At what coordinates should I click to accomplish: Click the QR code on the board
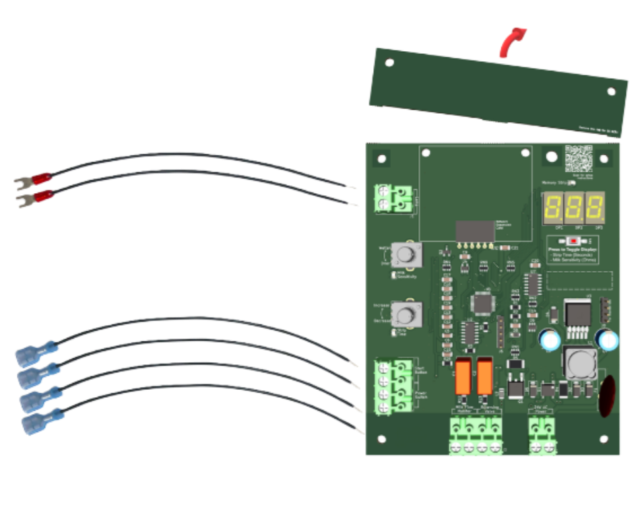tap(578, 158)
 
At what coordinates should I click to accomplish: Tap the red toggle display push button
tap(573, 241)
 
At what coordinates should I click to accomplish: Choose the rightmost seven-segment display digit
tap(595, 208)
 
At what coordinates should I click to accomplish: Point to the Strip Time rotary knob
tap(406, 314)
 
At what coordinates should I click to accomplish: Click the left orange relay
tap(463, 378)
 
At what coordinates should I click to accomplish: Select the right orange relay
tap(484, 378)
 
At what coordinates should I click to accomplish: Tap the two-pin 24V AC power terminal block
tap(542, 434)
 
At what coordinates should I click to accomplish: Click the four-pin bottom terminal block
tap(477, 434)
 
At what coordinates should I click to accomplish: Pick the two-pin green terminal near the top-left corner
tap(392, 199)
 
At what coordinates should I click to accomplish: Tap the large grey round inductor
tap(577, 364)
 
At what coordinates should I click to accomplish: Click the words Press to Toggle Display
tap(573, 249)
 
